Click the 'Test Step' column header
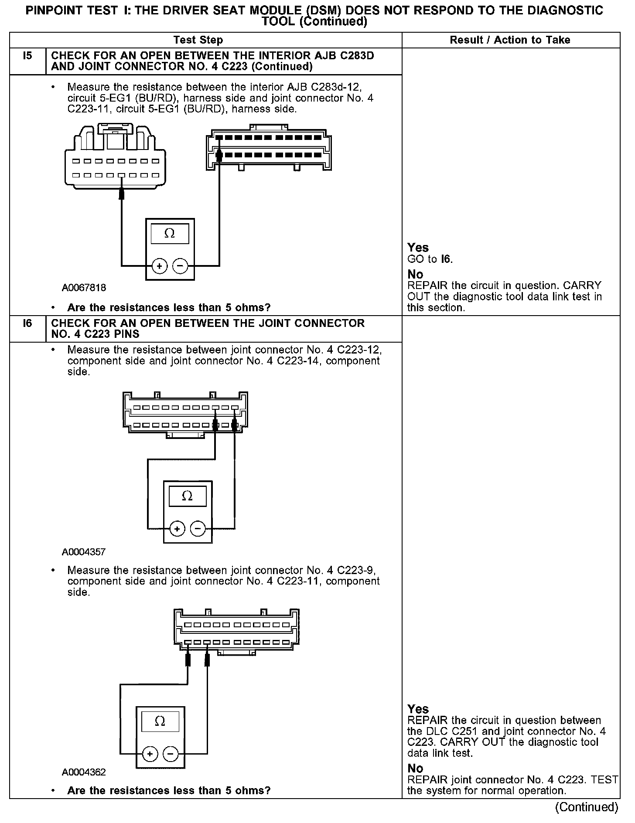coord(198,40)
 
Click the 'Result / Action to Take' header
coord(510,40)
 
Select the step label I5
coord(27,56)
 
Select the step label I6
coord(27,323)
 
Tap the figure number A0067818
coord(84,288)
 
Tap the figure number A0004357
coord(84,552)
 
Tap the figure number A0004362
coord(84,772)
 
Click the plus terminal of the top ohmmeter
coord(160,266)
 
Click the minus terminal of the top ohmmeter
coord(180,266)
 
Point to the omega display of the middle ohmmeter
coord(187,496)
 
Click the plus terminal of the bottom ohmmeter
coord(150,754)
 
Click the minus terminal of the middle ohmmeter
coord(198,529)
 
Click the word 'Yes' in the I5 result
coord(418,248)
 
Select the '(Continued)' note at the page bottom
coord(586,807)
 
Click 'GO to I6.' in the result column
coord(430,259)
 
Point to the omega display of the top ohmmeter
coord(170,234)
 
